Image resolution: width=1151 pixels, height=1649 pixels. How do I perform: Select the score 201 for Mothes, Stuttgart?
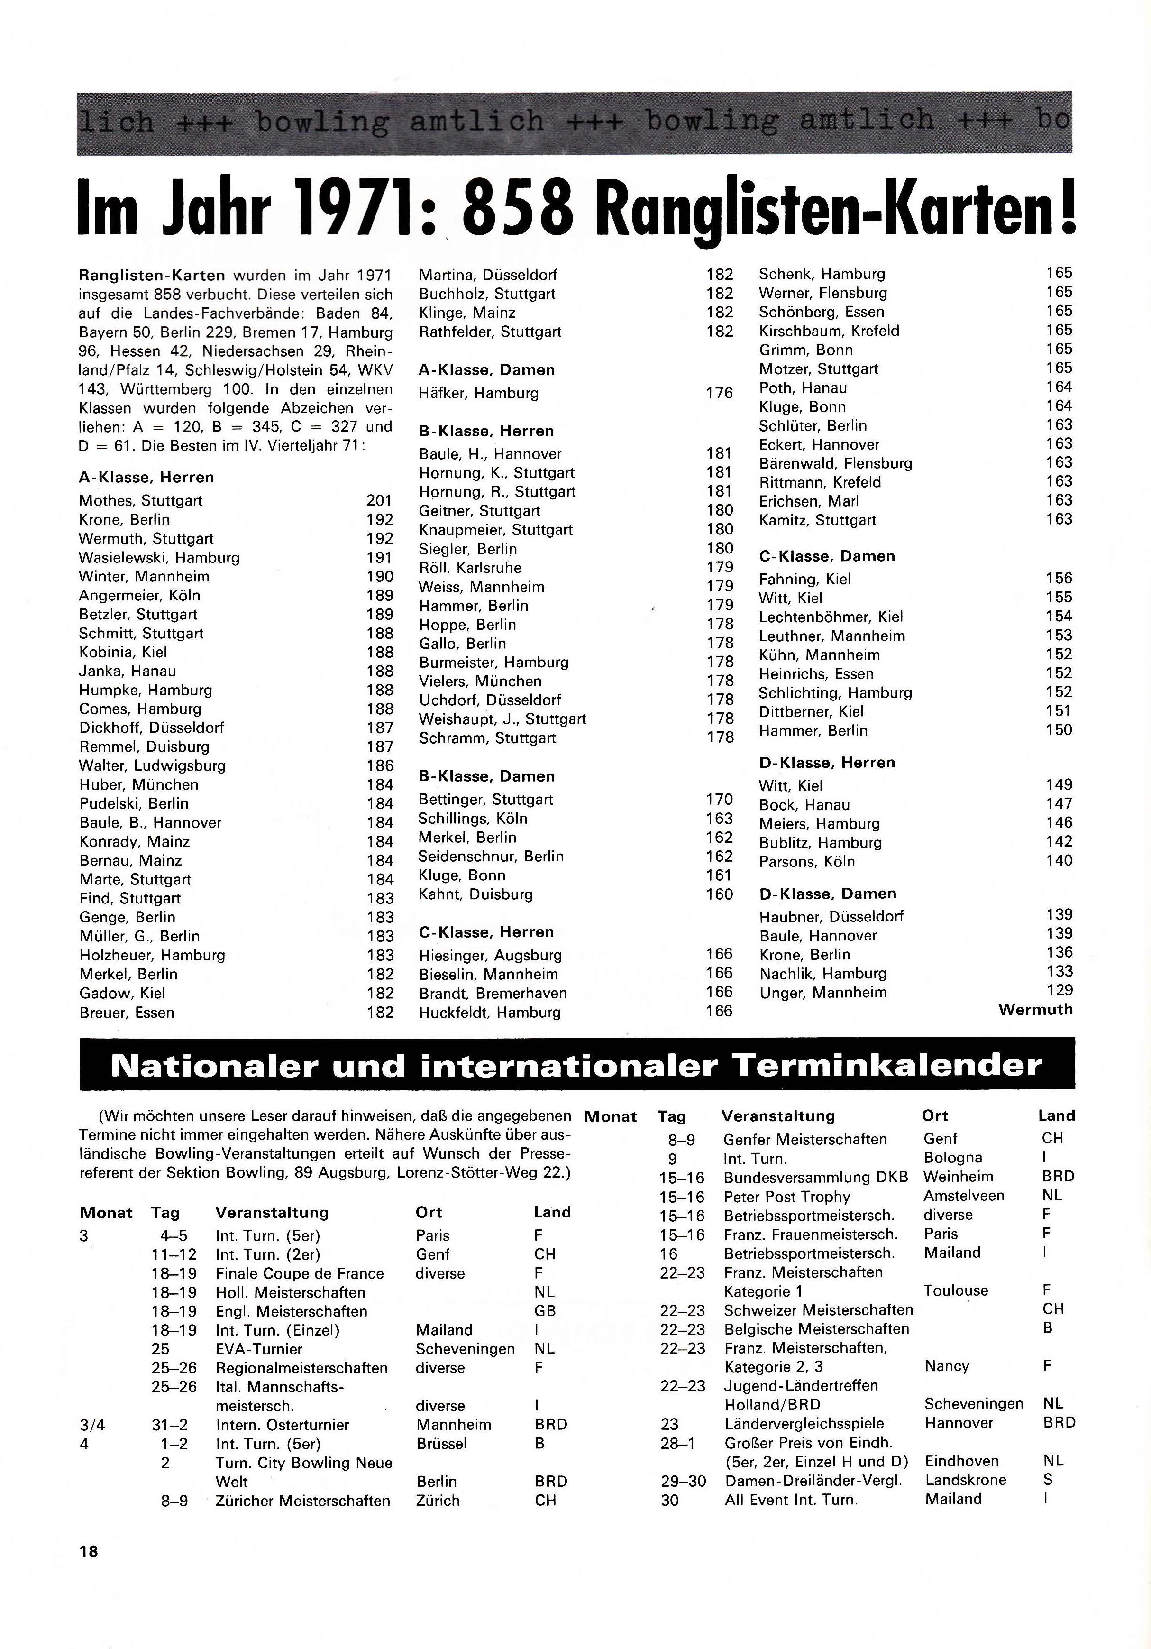click(379, 501)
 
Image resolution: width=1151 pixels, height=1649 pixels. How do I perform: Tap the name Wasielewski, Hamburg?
click(159, 557)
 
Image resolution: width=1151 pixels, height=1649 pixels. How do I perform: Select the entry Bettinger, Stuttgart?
click(486, 799)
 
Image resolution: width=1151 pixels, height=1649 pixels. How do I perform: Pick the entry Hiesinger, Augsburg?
click(491, 955)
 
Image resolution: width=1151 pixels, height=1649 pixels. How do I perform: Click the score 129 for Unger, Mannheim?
click(1059, 990)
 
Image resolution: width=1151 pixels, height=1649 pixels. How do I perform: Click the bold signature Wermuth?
click(1035, 1010)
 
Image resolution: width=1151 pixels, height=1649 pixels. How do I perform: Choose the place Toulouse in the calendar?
click(956, 1290)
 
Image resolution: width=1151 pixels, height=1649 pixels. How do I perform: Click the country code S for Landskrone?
click(1048, 1480)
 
